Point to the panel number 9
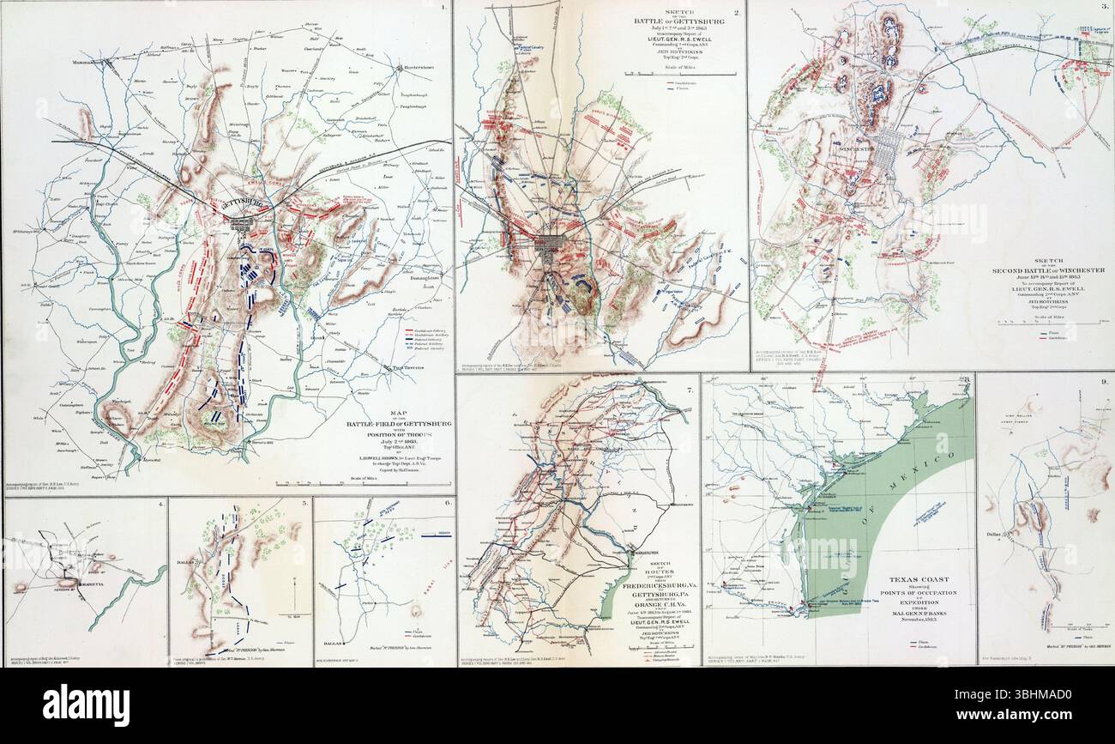(1105, 381)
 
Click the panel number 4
(160, 505)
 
